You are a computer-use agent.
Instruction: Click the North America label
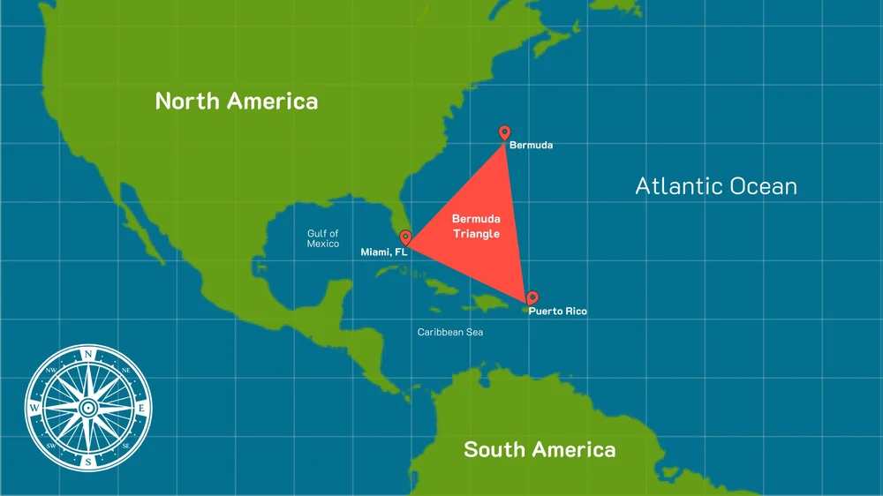(x=236, y=101)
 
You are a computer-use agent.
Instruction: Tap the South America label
(x=540, y=449)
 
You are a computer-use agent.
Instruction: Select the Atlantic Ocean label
(x=716, y=186)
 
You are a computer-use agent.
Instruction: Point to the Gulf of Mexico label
(x=323, y=238)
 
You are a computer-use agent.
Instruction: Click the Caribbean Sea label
(x=450, y=332)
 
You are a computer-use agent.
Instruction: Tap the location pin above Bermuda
(x=504, y=132)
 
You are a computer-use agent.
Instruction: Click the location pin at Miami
(x=405, y=237)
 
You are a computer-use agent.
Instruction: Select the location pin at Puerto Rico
(x=532, y=298)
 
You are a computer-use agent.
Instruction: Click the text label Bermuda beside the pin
(x=531, y=145)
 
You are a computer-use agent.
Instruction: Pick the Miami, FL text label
(x=383, y=252)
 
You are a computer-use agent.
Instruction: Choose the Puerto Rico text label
(x=557, y=312)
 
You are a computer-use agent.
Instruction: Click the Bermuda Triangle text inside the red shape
(x=476, y=226)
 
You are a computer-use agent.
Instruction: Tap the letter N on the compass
(x=88, y=356)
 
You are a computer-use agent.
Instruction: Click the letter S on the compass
(x=88, y=461)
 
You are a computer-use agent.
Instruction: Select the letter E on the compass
(x=141, y=409)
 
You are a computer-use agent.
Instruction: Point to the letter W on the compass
(x=34, y=409)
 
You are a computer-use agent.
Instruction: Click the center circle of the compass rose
(x=88, y=409)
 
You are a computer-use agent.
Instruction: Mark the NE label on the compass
(x=125, y=371)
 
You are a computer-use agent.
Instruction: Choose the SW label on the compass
(x=50, y=446)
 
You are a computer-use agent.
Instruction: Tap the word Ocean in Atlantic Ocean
(x=754, y=186)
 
